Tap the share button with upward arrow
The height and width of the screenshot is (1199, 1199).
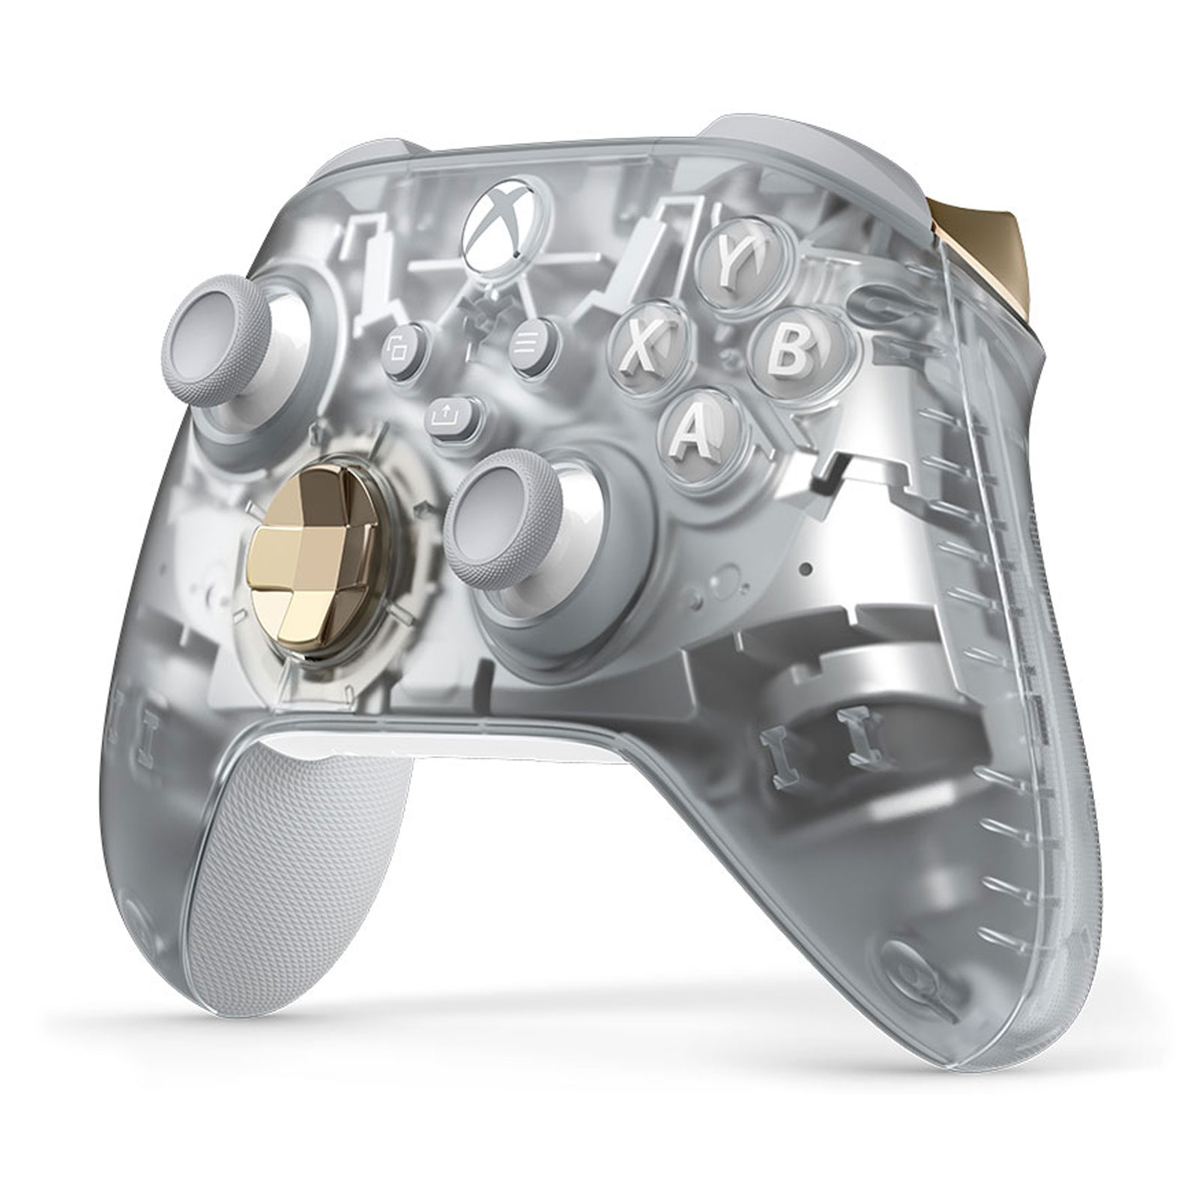click(452, 414)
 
